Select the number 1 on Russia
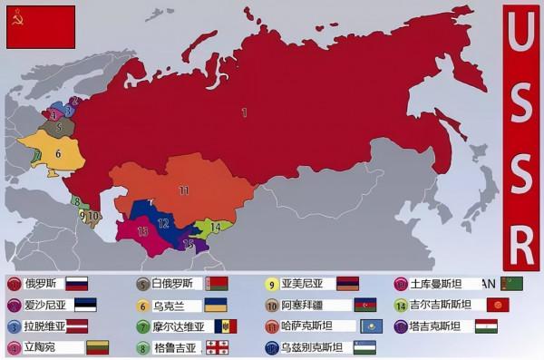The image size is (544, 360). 243,112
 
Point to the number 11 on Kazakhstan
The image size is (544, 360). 183,190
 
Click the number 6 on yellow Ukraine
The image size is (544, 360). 57,153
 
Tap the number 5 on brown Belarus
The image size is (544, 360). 58,128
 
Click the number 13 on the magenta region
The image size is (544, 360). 143,231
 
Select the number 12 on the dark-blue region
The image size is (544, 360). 163,222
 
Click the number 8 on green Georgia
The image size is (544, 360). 77,201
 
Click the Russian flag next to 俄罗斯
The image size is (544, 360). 76,283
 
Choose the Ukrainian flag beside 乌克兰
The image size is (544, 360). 216,305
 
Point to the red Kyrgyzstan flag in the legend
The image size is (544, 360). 498,305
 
